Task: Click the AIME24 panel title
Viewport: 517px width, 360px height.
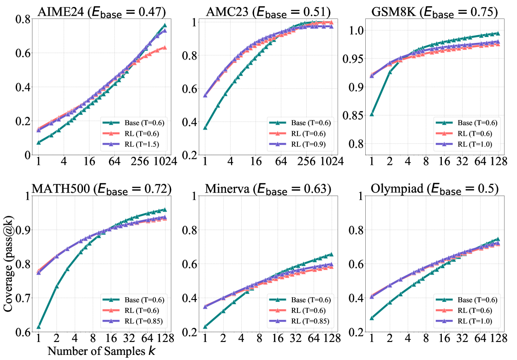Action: pyautogui.click(x=102, y=10)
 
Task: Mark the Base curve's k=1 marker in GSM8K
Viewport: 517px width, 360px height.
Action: pyautogui.click(x=372, y=114)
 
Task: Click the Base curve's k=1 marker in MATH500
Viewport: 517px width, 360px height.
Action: pyautogui.click(x=39, y=326)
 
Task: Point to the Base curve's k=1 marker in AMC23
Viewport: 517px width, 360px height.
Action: pyautogui.click(x=205, y=127)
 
